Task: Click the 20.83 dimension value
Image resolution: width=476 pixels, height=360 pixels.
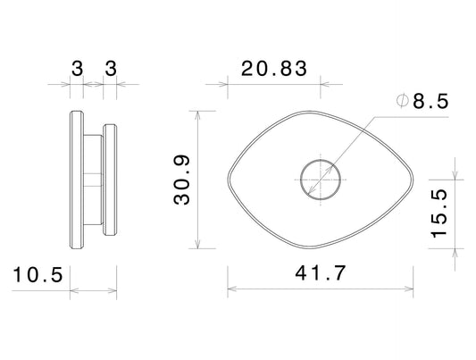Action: [274, 69]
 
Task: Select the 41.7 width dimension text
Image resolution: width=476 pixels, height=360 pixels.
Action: [321, 272]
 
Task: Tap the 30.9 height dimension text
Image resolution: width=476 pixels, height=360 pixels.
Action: [181, 180]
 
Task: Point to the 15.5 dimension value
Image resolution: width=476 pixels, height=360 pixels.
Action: [439, 213]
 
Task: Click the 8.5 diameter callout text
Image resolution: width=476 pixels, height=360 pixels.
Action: [430, 101]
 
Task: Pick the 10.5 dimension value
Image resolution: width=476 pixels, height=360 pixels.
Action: [38, 275]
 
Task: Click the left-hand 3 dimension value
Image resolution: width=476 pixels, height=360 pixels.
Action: [77, 68]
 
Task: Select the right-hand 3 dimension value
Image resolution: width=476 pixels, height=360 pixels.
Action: [111, 68]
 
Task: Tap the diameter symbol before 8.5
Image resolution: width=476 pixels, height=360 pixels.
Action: [402, 101]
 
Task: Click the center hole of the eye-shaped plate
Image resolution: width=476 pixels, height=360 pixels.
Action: [321, 180]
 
